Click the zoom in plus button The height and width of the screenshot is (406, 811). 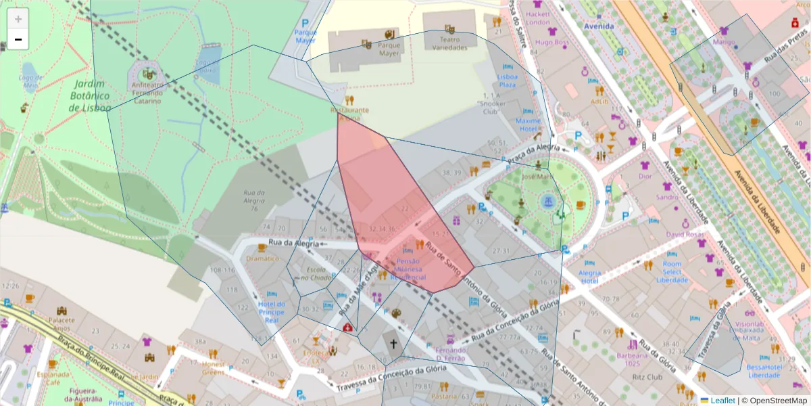coord(18,19)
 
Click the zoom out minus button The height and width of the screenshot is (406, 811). coord(18,40)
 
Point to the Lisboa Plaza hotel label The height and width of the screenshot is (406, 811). coord(507,81)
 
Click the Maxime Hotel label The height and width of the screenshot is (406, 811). coord(528,125)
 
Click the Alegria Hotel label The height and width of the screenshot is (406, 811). coord(589,277)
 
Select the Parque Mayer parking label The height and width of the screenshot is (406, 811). coord(305,35)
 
